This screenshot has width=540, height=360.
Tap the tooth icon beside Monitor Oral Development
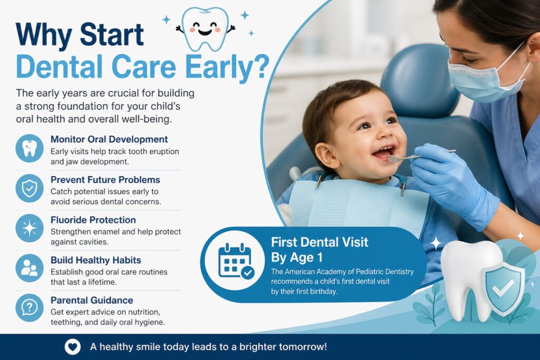coord(30,148)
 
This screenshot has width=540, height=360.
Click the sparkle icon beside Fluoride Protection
coord(30,228)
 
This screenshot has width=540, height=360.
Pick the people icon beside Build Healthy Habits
coord(30,268)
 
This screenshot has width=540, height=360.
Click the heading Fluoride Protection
coord(93,220)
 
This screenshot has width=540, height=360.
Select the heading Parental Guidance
coord(91,300)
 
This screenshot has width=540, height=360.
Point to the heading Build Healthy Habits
coord(95,260)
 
